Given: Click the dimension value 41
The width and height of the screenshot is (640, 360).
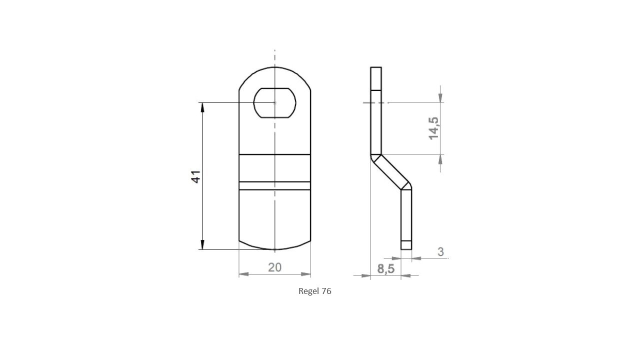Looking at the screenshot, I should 196,176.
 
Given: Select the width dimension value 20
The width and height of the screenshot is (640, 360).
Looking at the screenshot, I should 274,267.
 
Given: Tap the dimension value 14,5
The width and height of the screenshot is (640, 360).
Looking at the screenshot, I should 433,128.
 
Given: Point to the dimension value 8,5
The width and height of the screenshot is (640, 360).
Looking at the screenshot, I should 385,269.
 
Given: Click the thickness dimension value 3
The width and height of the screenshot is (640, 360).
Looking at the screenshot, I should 440,251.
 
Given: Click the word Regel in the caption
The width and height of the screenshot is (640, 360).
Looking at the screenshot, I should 308,291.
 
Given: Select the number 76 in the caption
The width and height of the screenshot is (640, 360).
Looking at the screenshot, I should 326,291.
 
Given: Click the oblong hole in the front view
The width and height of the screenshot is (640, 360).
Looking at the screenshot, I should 274,103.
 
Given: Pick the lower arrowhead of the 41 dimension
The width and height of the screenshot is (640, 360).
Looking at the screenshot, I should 202,244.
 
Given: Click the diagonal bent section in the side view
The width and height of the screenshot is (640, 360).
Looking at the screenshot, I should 391,171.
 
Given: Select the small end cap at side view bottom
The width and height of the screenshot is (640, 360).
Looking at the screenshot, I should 406,245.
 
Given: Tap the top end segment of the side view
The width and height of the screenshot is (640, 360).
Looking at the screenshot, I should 376,78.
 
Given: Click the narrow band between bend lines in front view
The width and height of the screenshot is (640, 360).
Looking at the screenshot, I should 274,186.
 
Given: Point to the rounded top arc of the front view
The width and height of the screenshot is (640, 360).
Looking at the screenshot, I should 274,67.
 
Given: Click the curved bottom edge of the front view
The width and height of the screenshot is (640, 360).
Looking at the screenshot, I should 274,248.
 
